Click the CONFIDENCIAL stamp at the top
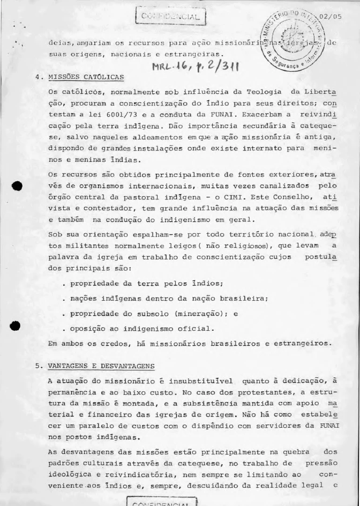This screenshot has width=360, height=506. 171,17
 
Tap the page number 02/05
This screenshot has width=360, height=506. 329,16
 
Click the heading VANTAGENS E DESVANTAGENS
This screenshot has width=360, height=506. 101,366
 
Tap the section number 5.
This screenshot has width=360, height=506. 38,366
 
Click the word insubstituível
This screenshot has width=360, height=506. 201,382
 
